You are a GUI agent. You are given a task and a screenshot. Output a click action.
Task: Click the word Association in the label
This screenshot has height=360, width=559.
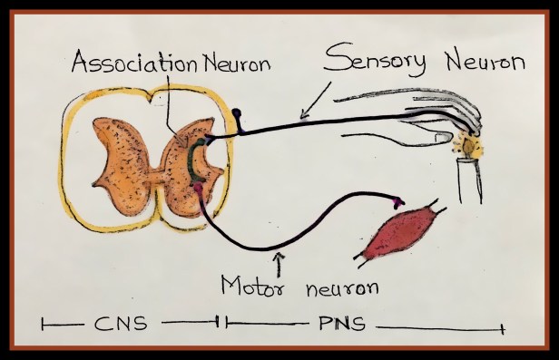134,62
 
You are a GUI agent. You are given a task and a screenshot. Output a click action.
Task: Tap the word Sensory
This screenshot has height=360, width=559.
375,60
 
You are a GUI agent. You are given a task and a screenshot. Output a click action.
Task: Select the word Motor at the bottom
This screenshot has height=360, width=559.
253,286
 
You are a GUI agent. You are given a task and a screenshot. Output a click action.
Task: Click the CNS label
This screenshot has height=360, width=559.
121,324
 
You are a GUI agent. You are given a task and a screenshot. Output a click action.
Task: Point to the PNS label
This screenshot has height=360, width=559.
342,324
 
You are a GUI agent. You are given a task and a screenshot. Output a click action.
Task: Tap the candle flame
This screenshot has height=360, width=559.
468,145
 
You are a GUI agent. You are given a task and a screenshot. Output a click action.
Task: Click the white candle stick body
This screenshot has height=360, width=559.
470,180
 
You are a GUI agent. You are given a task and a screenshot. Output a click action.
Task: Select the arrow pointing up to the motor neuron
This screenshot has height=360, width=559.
279,265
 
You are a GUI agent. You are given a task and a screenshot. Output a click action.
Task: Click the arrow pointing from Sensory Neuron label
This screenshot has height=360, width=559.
316,100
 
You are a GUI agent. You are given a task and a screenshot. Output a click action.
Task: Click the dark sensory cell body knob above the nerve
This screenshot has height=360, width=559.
236,113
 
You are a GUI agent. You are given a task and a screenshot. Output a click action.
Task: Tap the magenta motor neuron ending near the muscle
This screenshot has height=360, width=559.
398,202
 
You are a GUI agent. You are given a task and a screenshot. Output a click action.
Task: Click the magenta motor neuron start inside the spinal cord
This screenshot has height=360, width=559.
198,187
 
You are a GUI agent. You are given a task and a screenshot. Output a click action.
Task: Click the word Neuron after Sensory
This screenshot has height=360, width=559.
485,62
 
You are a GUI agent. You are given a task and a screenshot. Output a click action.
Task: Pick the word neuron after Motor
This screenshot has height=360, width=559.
342,287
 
